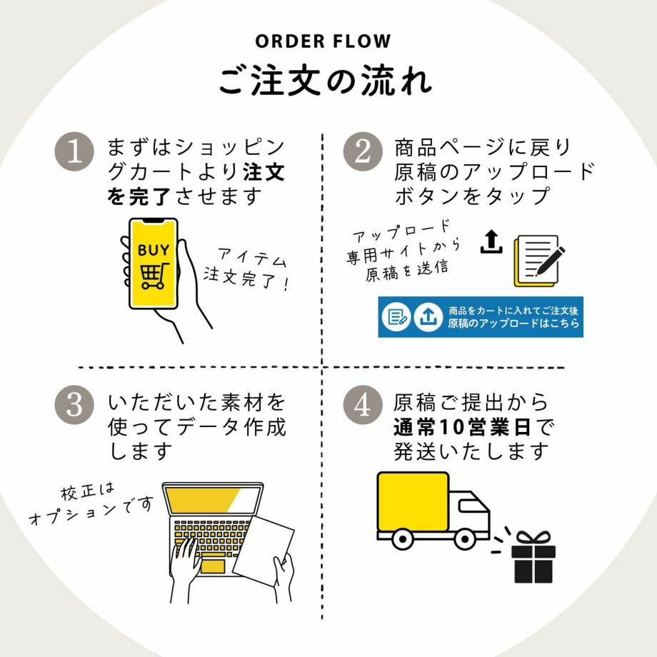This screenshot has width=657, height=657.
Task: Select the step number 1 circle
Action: pos(74,153)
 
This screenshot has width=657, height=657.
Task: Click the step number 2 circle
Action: pos(362,153)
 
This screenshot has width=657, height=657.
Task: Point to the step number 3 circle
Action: pos(74,404)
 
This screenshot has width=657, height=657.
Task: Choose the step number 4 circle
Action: pos(362,404)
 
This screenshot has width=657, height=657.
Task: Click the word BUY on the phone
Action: pos(154,251)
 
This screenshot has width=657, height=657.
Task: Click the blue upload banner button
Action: pos(480,316)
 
